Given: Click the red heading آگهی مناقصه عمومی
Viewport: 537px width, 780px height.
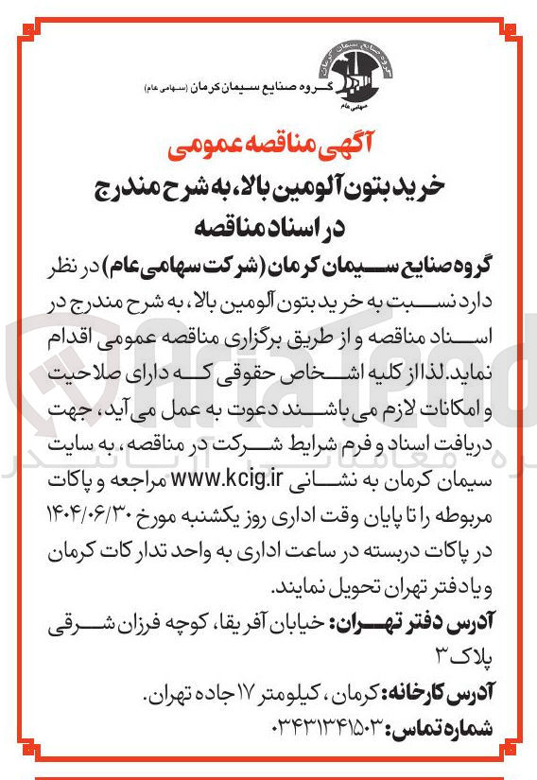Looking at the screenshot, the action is pyautogui.click(x=268, y=147).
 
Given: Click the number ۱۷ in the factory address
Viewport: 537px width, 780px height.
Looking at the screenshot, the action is pyautogui.click(x=223, y=696).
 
